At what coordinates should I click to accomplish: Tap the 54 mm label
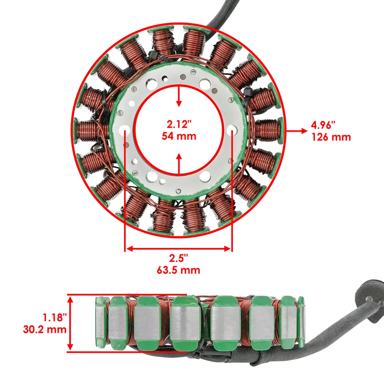point(179,136)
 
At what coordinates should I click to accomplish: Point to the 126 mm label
point(331,138)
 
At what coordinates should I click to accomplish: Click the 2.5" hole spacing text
point(178,258)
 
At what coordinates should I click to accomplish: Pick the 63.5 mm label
point(178,270)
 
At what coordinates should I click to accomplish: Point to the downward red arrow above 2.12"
point(179,96)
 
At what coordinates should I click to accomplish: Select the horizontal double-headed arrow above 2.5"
point(178,249)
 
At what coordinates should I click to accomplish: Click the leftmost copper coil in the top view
point(90,130)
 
